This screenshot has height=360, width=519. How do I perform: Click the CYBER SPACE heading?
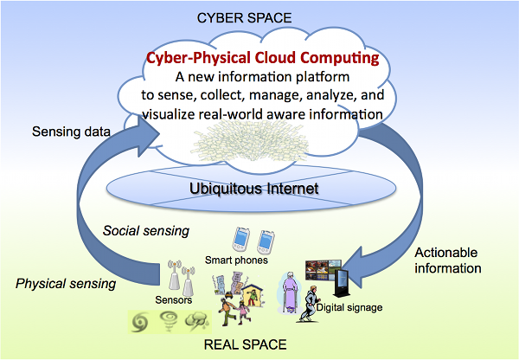click(x=244, y=18)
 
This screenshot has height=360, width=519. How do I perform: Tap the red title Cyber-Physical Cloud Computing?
click(x=263, y=58)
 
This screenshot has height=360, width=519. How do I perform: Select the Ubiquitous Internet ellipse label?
click(x=253, y=189)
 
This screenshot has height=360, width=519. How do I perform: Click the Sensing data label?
click(x=71, y=132)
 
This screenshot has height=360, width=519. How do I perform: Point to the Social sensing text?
click(x=146, y=230)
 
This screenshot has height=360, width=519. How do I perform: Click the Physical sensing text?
click(x=66, y=284)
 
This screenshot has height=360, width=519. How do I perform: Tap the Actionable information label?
click(x=448, y=260)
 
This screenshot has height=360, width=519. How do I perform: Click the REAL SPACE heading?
click(x=246, y=344)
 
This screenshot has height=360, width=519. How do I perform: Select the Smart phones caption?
click(x=236, y=260)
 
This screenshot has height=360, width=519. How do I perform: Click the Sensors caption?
click(x=174, y=300)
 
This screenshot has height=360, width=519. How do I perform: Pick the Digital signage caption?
click(x=349, y=307)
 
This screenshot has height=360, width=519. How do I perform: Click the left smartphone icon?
click(x=240, y=240)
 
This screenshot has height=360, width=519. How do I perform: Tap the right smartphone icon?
click(x=266, y=242)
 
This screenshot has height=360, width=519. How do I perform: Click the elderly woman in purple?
click(x=288, y=292)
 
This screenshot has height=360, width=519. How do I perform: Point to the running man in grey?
click(x=309, y=304)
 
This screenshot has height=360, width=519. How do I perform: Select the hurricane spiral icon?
click(x=138, y=323)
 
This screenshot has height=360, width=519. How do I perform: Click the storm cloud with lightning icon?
click(x=196, y=322)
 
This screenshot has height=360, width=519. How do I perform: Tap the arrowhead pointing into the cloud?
click(x=148, y=136)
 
